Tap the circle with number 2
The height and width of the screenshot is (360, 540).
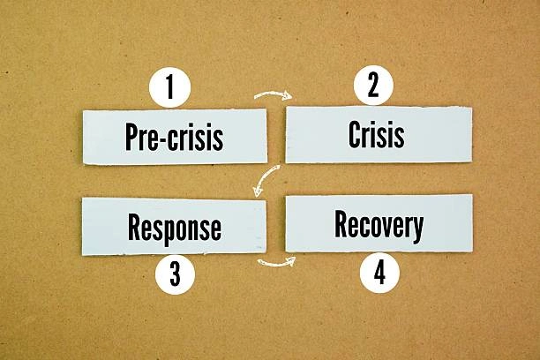[x=373, y=86]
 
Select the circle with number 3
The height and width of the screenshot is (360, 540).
[x=175, y=275]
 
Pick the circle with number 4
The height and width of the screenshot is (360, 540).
[x=379, y=274]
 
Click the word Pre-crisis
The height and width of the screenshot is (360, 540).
[x=174, y=138]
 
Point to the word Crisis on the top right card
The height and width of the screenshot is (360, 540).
[x=377, y=135]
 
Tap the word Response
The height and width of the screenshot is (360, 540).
[x=174, y=228]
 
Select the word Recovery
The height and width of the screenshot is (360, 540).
[x=379, y=225]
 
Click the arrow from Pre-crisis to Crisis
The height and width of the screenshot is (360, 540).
[x=273, y=94]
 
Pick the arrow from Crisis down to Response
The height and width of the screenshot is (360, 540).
[x=266, y=180]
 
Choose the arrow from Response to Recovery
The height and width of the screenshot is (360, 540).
[x=276, y=261]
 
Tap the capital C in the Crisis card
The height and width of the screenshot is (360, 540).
[x=355, y=135]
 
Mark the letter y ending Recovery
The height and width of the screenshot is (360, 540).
[x=417, y=228]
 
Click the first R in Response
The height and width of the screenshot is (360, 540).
[x=135, y=228]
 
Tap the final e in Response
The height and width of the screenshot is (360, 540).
[x=215, y=229]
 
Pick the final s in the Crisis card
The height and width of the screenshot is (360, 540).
[x=400, y=137]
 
